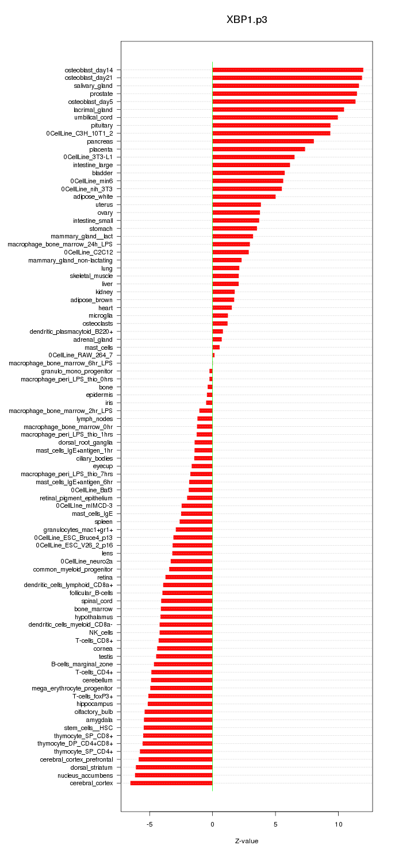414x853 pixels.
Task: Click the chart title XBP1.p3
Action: pyautogui.click(x=247, y=20)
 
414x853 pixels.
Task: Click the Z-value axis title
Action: pyautogui.click(x=247, y=841)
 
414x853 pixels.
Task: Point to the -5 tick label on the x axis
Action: pyautogui.click(x=149, y=824)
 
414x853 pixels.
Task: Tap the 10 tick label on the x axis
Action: pyautogui.click(x=339, y=824)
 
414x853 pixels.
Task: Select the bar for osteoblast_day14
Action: pyautogui.click(x=287, y=70)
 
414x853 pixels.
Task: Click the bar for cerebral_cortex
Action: pyautogui.click(x=171, y=783)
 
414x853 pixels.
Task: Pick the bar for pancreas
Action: pyautogui.click(x=263, y=141)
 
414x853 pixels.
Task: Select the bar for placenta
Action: pyautogui.click(x=258, y=149)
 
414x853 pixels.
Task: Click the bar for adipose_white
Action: pyautogui.click(x=244, y=196)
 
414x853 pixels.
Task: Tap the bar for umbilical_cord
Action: pyautogui.click(x=275, y=117)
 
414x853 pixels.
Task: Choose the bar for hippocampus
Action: pyautogui.click(x=180, y=704)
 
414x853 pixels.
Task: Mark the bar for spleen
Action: pyautogui.click(x=196, y=522)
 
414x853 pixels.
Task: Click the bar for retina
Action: pyautogui.click(x=189, y=577)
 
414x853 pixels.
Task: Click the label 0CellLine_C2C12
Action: pyautogui.click(x=89, y=252)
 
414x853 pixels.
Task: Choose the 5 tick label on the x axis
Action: pyautogui.click(x=275, y=824)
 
